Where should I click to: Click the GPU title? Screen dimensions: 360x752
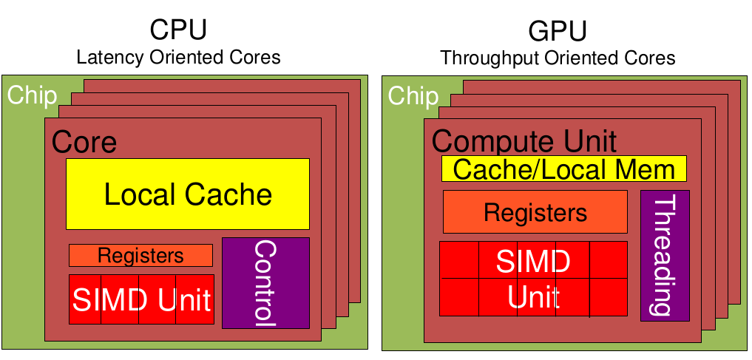pos(558,31)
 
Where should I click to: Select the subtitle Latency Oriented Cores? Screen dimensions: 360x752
pos(178,57)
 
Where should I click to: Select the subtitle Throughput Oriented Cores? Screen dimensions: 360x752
pos(558,58)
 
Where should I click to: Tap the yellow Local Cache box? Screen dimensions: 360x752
pos(188,194)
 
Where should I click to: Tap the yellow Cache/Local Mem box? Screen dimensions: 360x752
pos(564,169)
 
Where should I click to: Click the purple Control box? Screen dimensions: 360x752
pos(265,282)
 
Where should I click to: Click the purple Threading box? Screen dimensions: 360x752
pos(665,256)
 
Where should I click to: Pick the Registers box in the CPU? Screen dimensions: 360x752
pos(140,256)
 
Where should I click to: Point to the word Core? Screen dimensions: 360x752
pos(84,142)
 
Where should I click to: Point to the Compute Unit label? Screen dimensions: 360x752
pos(524,140)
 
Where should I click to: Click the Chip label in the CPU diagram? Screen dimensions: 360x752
pos(32,95)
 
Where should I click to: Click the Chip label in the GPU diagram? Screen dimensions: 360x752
pos(413,95)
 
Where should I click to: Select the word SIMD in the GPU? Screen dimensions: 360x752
pos(532,261)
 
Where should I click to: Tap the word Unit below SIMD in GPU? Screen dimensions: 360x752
pos(533,297)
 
